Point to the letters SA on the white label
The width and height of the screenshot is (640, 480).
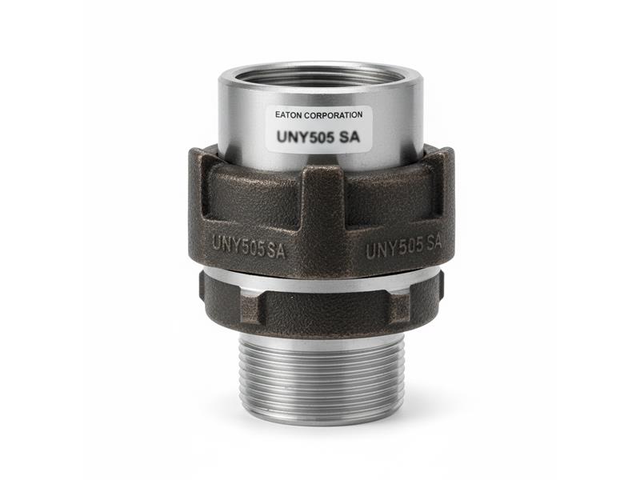tap(350, 135)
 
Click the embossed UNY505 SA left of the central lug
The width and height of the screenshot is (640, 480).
tap(250, 242)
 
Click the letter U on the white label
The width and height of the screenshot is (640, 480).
tap(282, 135)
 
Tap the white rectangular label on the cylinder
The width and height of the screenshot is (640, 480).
tap(318, 126)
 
